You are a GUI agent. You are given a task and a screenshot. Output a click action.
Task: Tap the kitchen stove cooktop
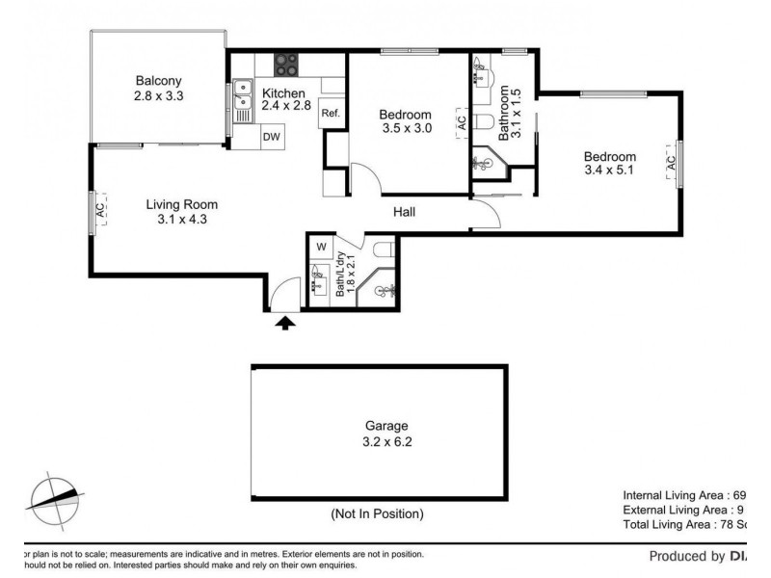pyautogui.click(x=285, y=65)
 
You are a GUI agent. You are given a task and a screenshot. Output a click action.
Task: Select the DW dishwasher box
pyautogui.click(x=273, y=138)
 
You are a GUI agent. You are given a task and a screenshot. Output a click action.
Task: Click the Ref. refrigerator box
pyautogui.click(x=330, y=113)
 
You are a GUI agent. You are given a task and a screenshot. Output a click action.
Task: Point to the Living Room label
pyautogui.click(x=181, y=204)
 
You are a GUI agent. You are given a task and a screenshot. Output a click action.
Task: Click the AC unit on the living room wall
pyautogui.click(x=98, y=211)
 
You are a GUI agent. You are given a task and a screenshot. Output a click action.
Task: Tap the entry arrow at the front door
pyautogui.click(x=284, y=323)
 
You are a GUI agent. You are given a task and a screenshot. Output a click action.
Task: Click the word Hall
pyautogui.click(x=404, y=212)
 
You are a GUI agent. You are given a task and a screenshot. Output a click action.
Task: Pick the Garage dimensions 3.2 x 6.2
pyautogui.click(x=386, y=442)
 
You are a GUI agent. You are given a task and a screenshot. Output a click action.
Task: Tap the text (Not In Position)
pyautogui.click(x=376, y=513)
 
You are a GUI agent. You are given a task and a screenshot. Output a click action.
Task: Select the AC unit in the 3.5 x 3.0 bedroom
pyautogui.click(x=462, y=123)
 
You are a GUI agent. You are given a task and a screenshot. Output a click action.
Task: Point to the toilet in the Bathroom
pyautogui.click(x=485, y=122)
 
